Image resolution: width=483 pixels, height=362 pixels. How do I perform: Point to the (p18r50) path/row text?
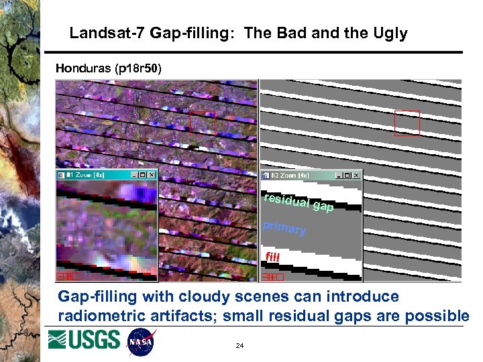tap(138, 68)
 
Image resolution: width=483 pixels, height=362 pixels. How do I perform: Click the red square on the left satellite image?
tap(203, 122)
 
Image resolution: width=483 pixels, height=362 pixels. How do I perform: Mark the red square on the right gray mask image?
tap(407, 123)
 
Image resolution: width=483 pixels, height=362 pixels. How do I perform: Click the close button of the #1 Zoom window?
tap(151, 175)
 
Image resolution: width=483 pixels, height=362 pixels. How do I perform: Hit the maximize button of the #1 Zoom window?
tap(143, 175)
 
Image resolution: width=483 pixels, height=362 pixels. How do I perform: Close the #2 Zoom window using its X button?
tap(356, 175)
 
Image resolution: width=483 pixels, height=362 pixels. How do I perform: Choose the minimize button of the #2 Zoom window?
tap(339, 175)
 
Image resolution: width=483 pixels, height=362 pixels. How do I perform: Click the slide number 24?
tap(239, 346)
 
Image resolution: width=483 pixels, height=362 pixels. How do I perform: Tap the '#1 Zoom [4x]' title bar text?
tap(87, 175)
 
